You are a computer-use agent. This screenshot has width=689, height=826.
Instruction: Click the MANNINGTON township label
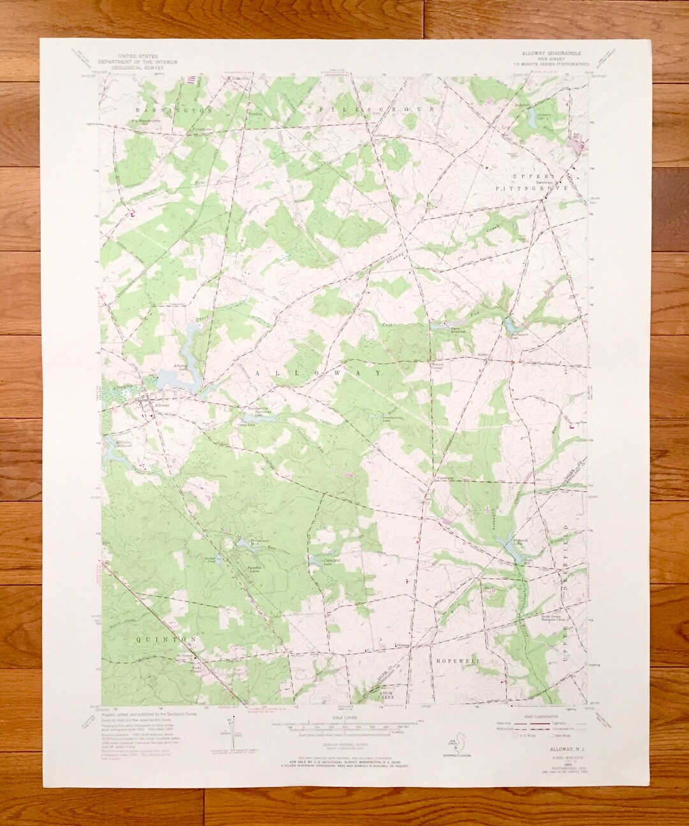[x=172, y=110]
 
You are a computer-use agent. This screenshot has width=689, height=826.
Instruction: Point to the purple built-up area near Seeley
[x=579, y=145]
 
